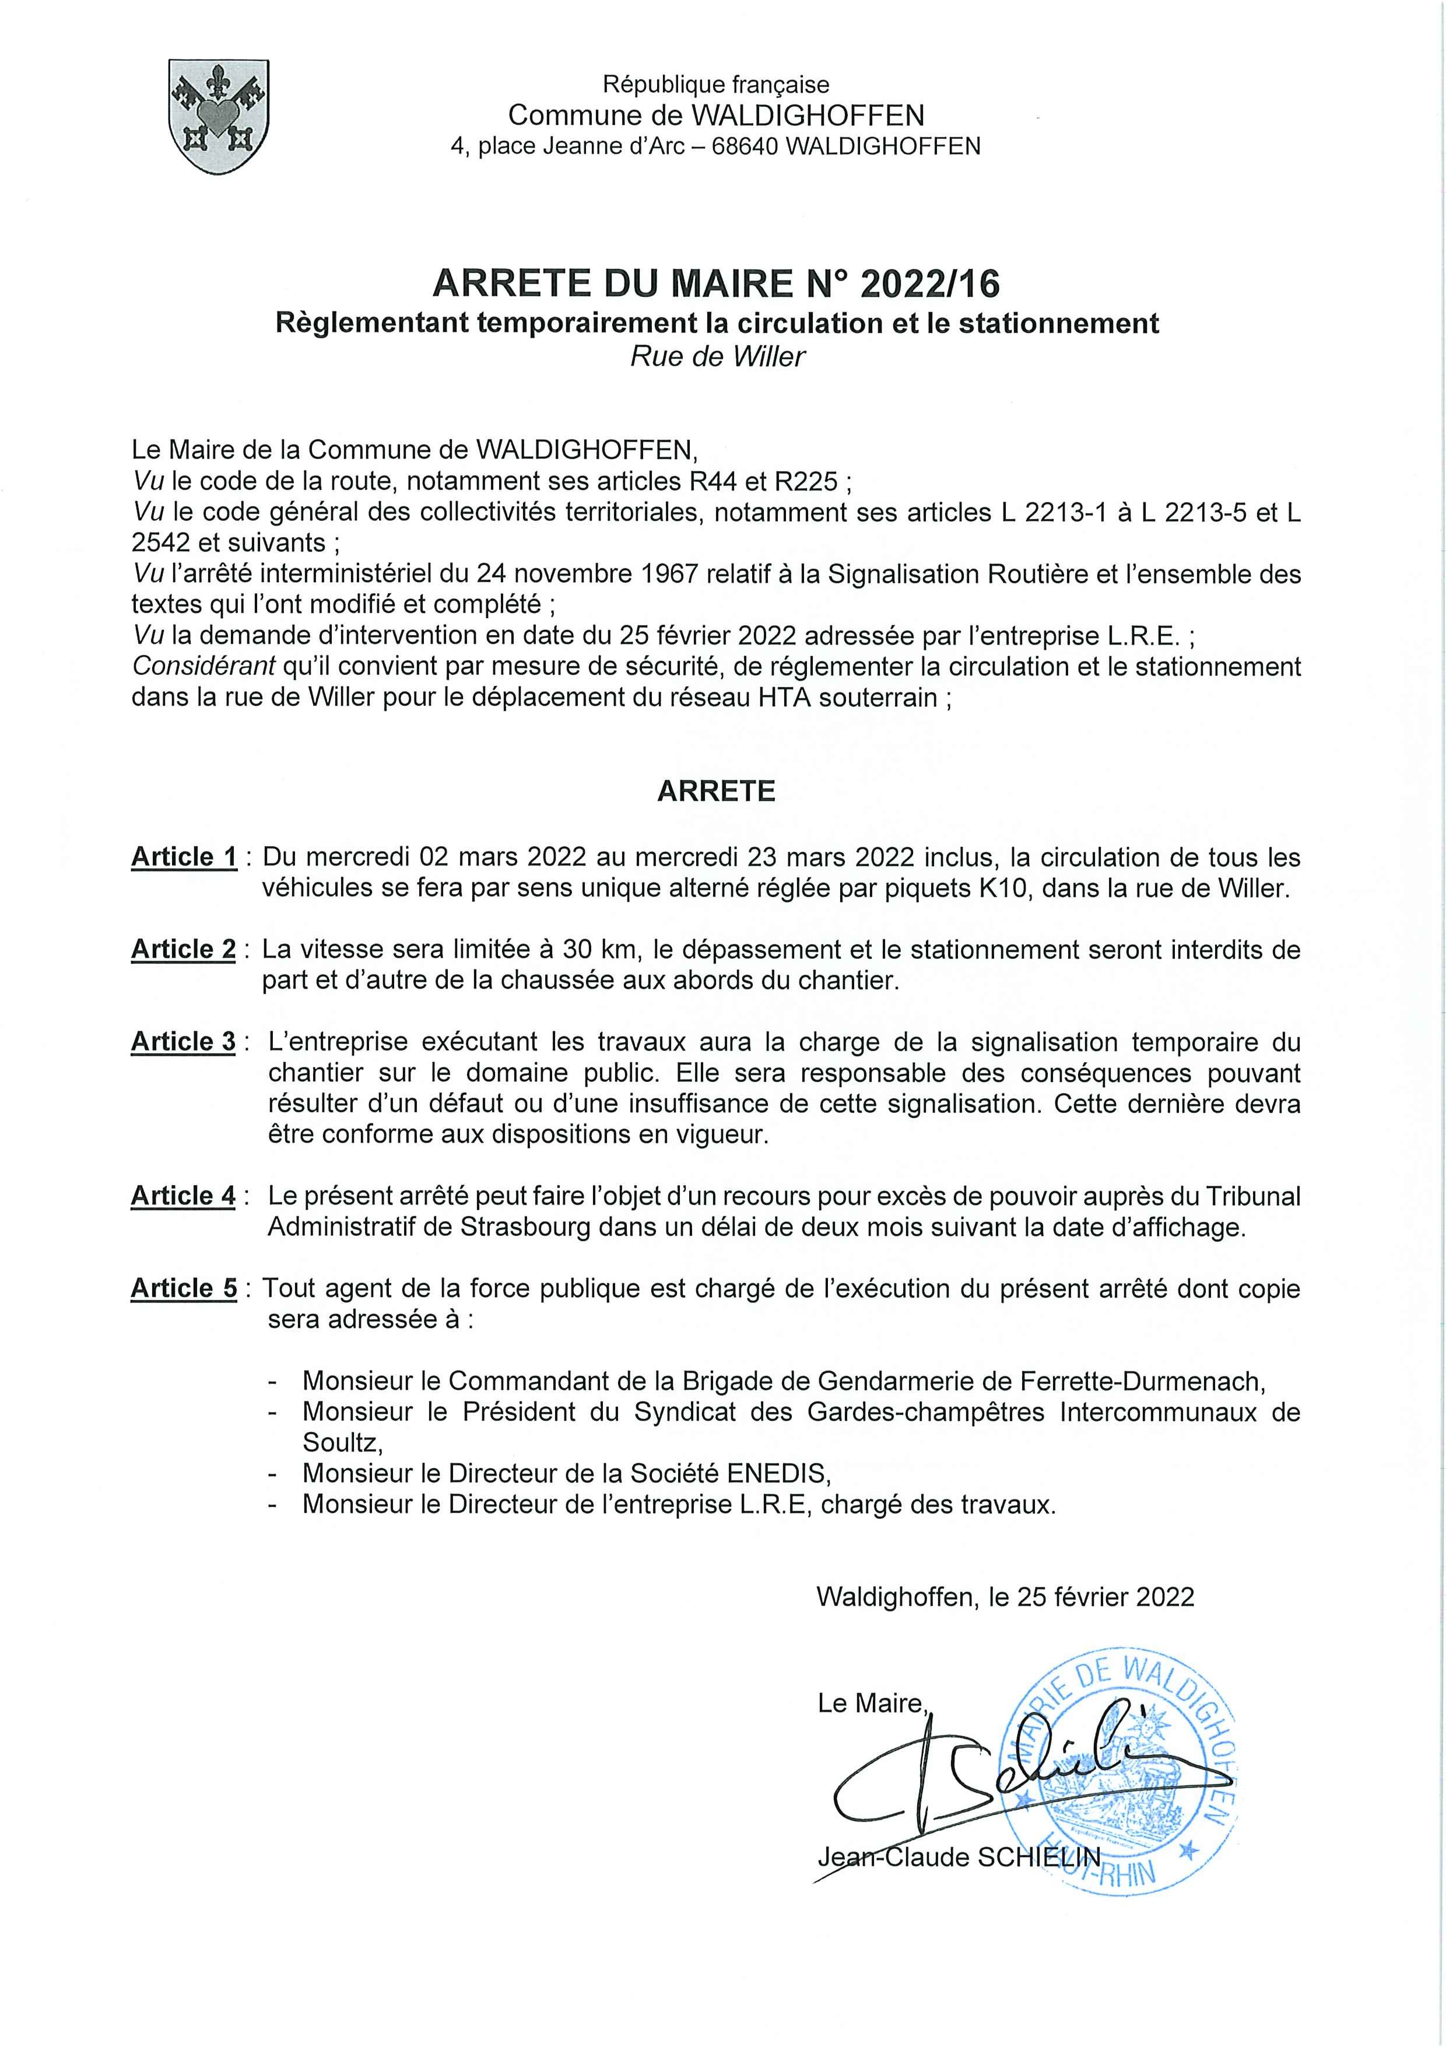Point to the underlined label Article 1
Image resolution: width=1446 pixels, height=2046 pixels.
[184, 857]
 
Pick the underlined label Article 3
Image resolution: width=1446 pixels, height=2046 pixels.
[184, 1042]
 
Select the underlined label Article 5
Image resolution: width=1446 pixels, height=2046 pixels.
[184, 1288]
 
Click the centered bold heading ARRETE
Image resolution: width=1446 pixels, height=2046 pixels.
[717, 791]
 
